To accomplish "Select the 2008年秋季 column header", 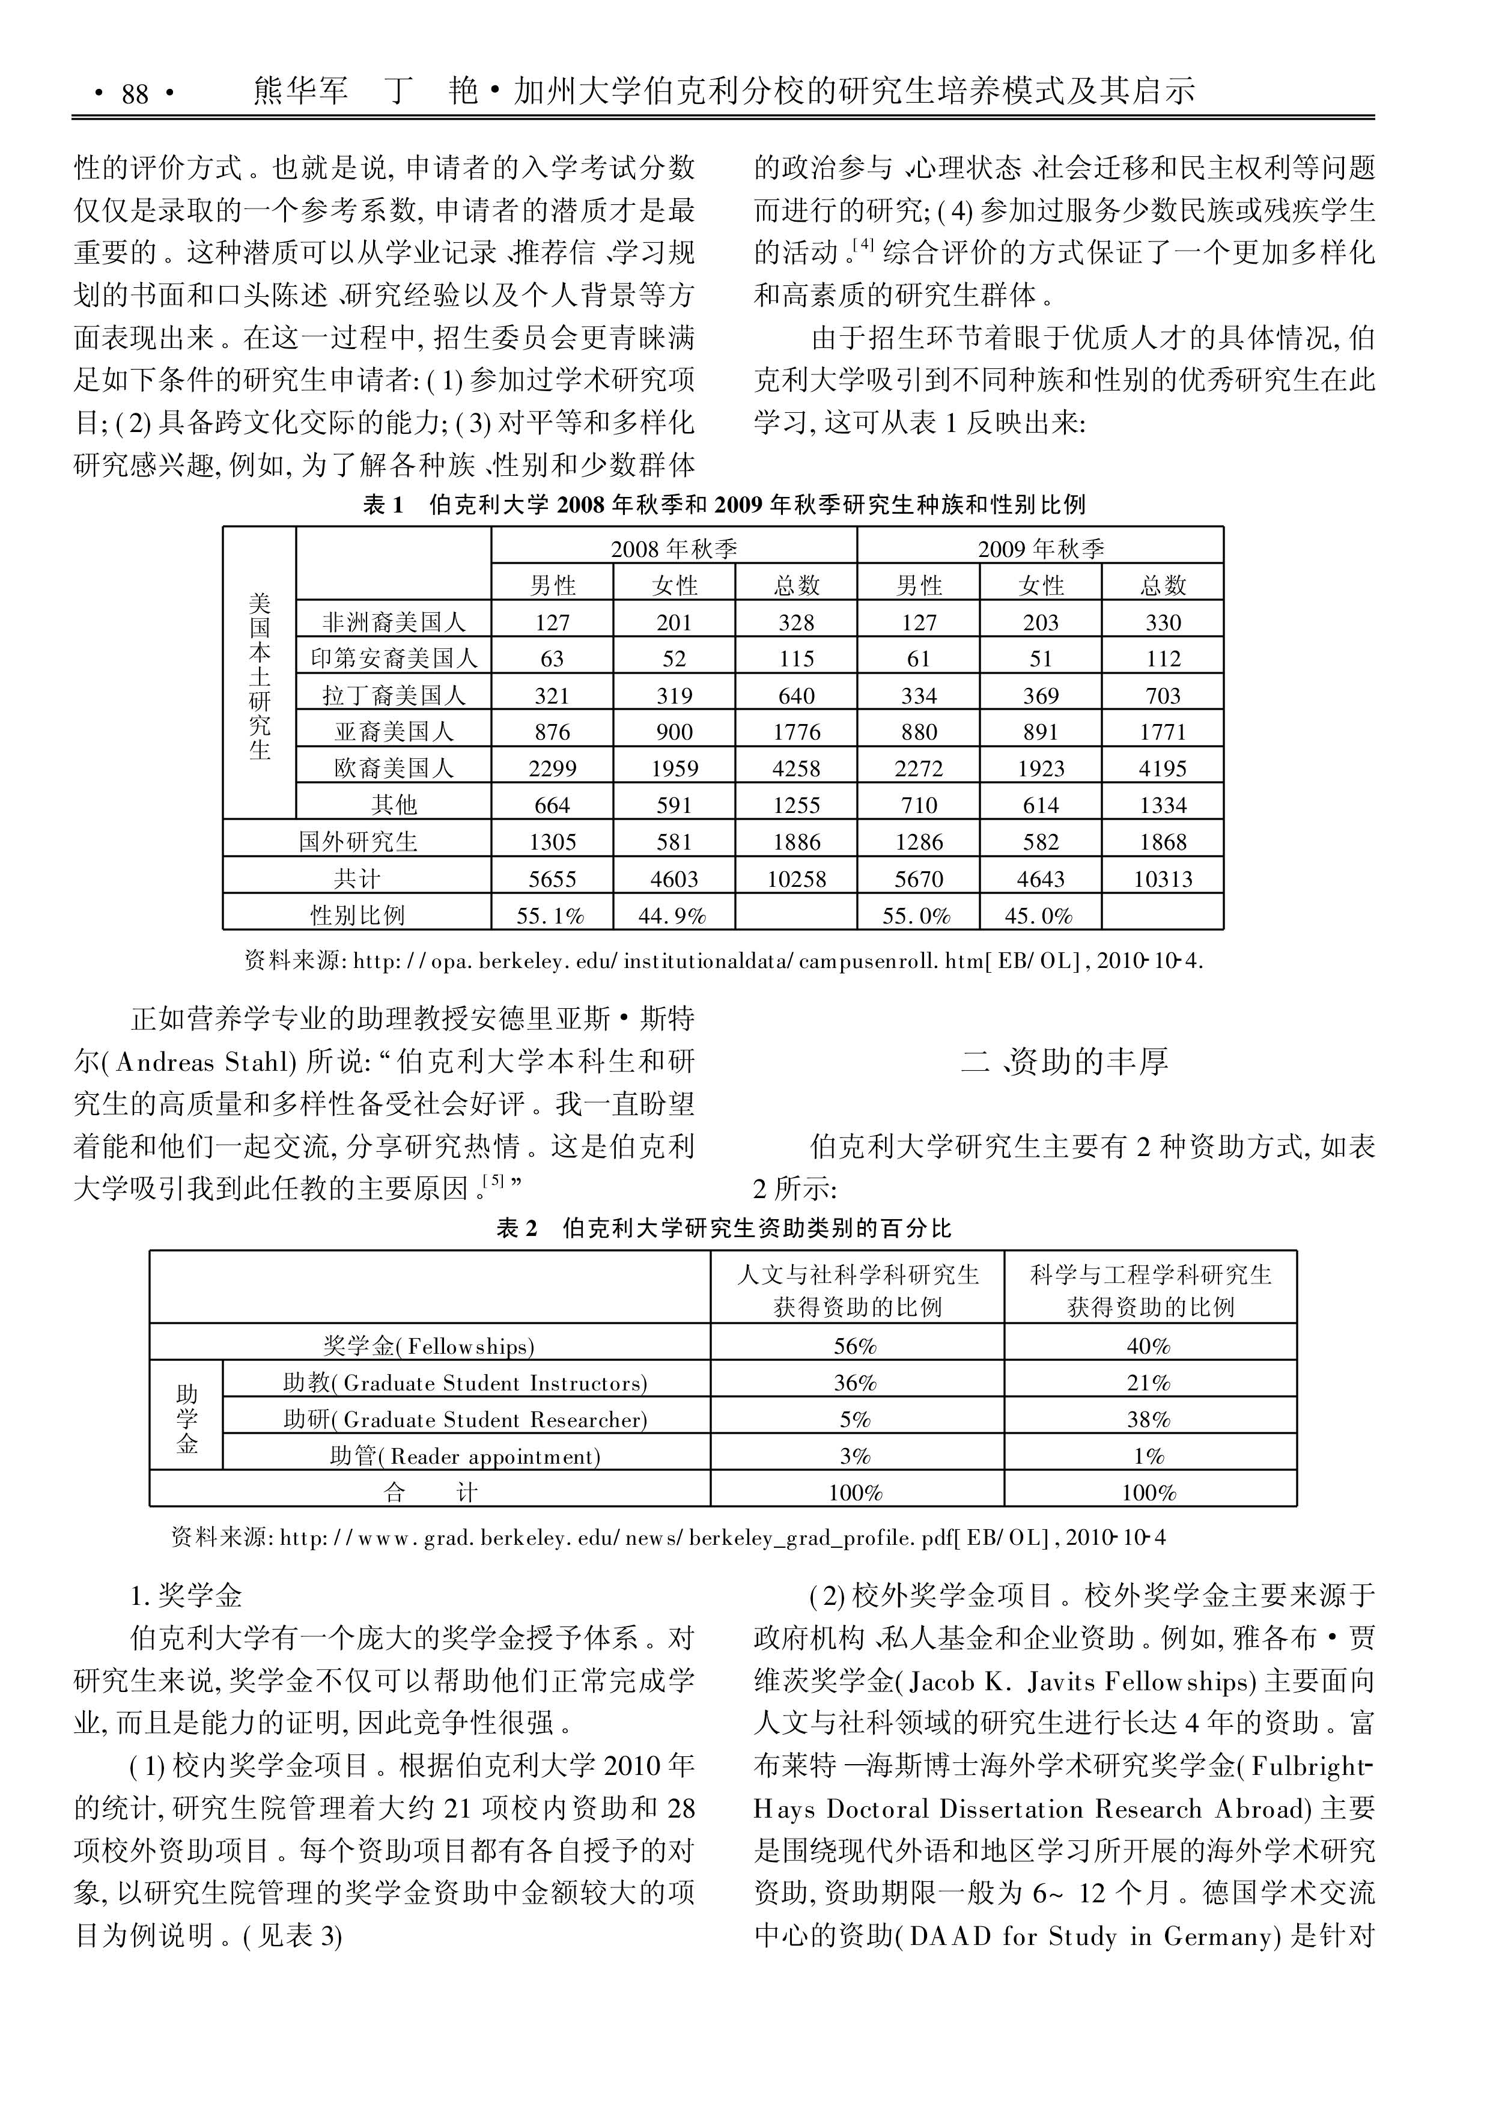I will pos(674,549).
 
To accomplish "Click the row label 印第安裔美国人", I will pos(394,659).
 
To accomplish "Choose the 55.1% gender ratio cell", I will pos(552,916).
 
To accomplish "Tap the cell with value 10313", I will pos(1163,879).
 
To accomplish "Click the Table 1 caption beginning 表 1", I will pos(724,505).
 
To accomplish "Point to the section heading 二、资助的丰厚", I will pos(1064,1062).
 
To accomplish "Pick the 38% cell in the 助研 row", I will pos(1149,1420).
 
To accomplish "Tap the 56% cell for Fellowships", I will pos(855,1346).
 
